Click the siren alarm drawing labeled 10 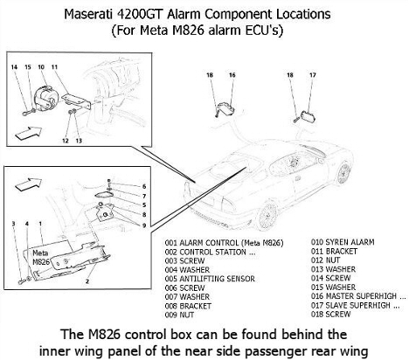pyautogui.click(x=45, y=99)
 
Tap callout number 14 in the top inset pyautogui.click(x=14, y=67)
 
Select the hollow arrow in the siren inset pyautogui.click(x=28, y=133)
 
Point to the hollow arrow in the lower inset pyautogui.click(x=28, y=184)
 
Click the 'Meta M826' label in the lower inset pyautogui.click(x=41, y=258)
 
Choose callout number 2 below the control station pyautogui.click(x=87, y=281)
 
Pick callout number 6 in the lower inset pyautogui.click(x=144, y=186)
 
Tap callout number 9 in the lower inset pyautogui.click(x=144, y=225)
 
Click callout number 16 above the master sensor pyautogui.click(x=232, y=75)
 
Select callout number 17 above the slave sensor pyautogui.click(x=313, y=75)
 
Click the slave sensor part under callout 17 pyautogui.click(x=308, y=116)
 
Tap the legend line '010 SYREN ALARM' pyautogui.click(x=343, y=242)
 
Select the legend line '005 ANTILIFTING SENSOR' pyautogui.click(x=210, y=279)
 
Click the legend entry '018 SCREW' pyautogui.click(x=330, y=315)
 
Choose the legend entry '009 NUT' pyautogui.click(x=179, y=315)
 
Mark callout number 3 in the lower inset pyautogui.click(x=13, y=224)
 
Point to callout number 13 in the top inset pyautogui.click(x=79, y=141)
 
